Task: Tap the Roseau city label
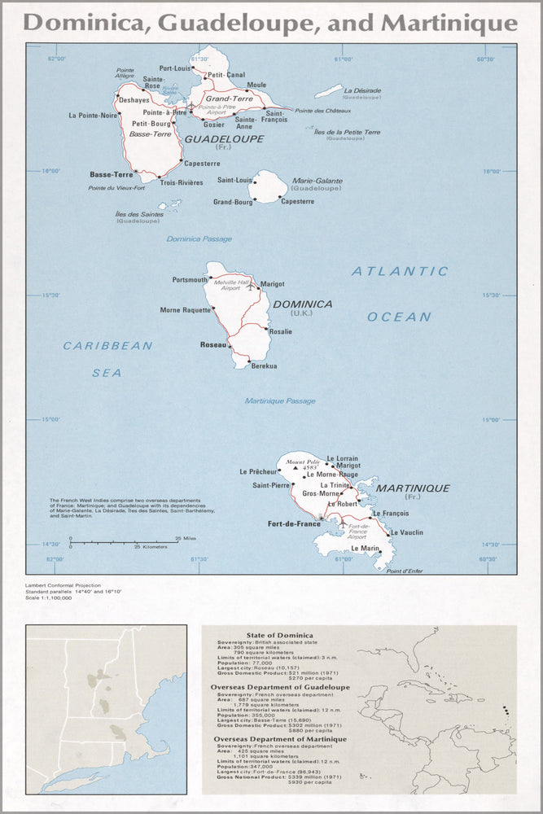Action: [x=212, y=345]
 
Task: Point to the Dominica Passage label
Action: [x=199, y=239]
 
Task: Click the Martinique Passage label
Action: [x=280, y=400]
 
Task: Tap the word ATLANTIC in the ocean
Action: [x=400, y=272]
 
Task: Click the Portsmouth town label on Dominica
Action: [x=190, y=280]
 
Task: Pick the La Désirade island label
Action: [x=362, y=90]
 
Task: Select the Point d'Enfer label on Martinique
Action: [x=405, y=571]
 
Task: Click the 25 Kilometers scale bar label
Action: [x=151, y=547]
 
